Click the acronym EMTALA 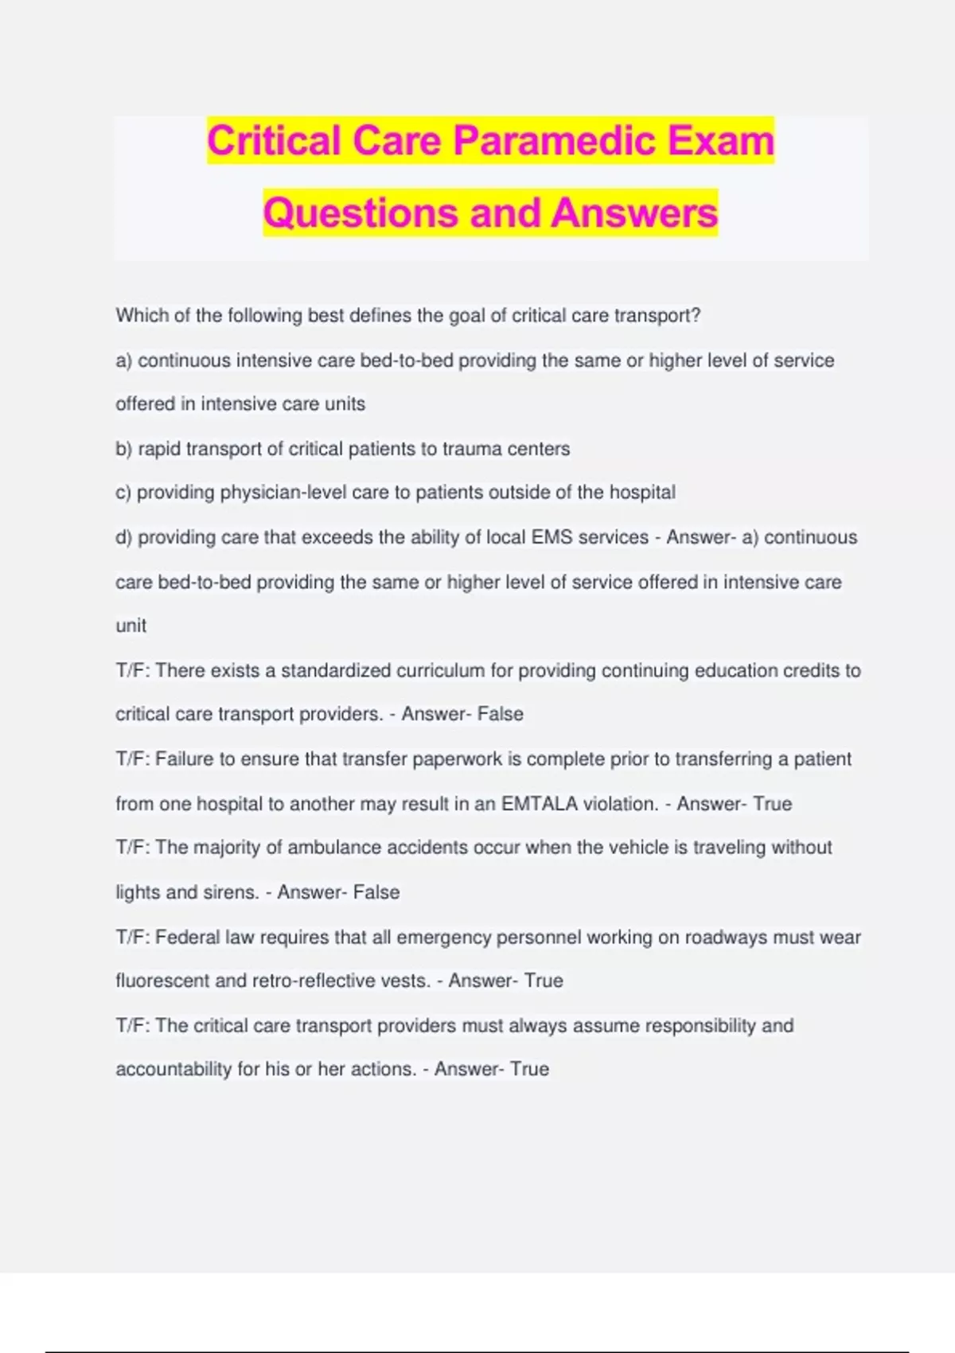[x=540, y=804]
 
